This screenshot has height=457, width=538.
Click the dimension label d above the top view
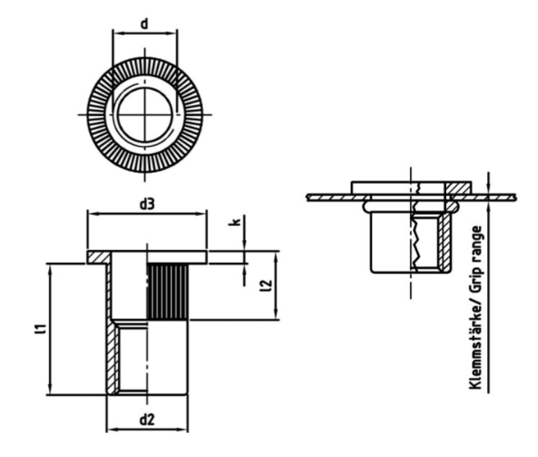pos(144,24)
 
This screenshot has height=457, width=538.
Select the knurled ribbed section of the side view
pos(166,293)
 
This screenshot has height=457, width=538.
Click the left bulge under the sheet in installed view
pos(367,206)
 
